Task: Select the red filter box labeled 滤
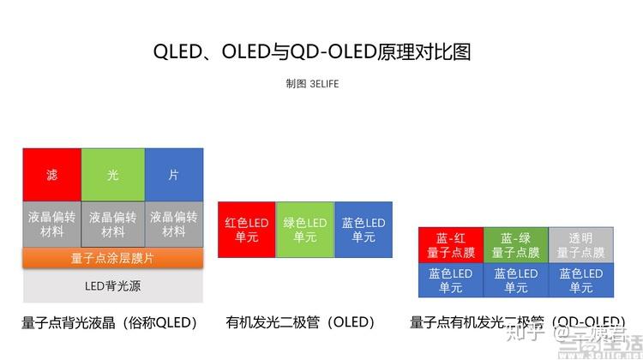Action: pos(52,175)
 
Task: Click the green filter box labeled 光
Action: pos(113,175)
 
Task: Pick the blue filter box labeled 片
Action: pos(174,175)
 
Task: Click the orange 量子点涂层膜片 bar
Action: pos(112,257)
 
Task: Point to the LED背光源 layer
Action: pos(112,285)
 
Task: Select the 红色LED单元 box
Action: pos(247,230)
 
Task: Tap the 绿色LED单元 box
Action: pos(305,230)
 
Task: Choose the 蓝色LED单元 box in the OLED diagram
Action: pos(364,230)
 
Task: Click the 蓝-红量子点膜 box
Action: pos(451,245)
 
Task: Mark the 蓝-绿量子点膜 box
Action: pos(516,245)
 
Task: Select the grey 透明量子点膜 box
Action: pos(580,245)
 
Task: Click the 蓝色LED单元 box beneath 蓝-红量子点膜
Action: pos(451,280)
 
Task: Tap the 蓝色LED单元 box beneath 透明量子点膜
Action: pos(580,280)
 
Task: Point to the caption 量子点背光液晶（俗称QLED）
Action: pos(110,323)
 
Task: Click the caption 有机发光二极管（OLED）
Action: pos(301,323)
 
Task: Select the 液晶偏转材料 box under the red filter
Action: pos(52,224)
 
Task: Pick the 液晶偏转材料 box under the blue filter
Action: pos(174,224)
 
